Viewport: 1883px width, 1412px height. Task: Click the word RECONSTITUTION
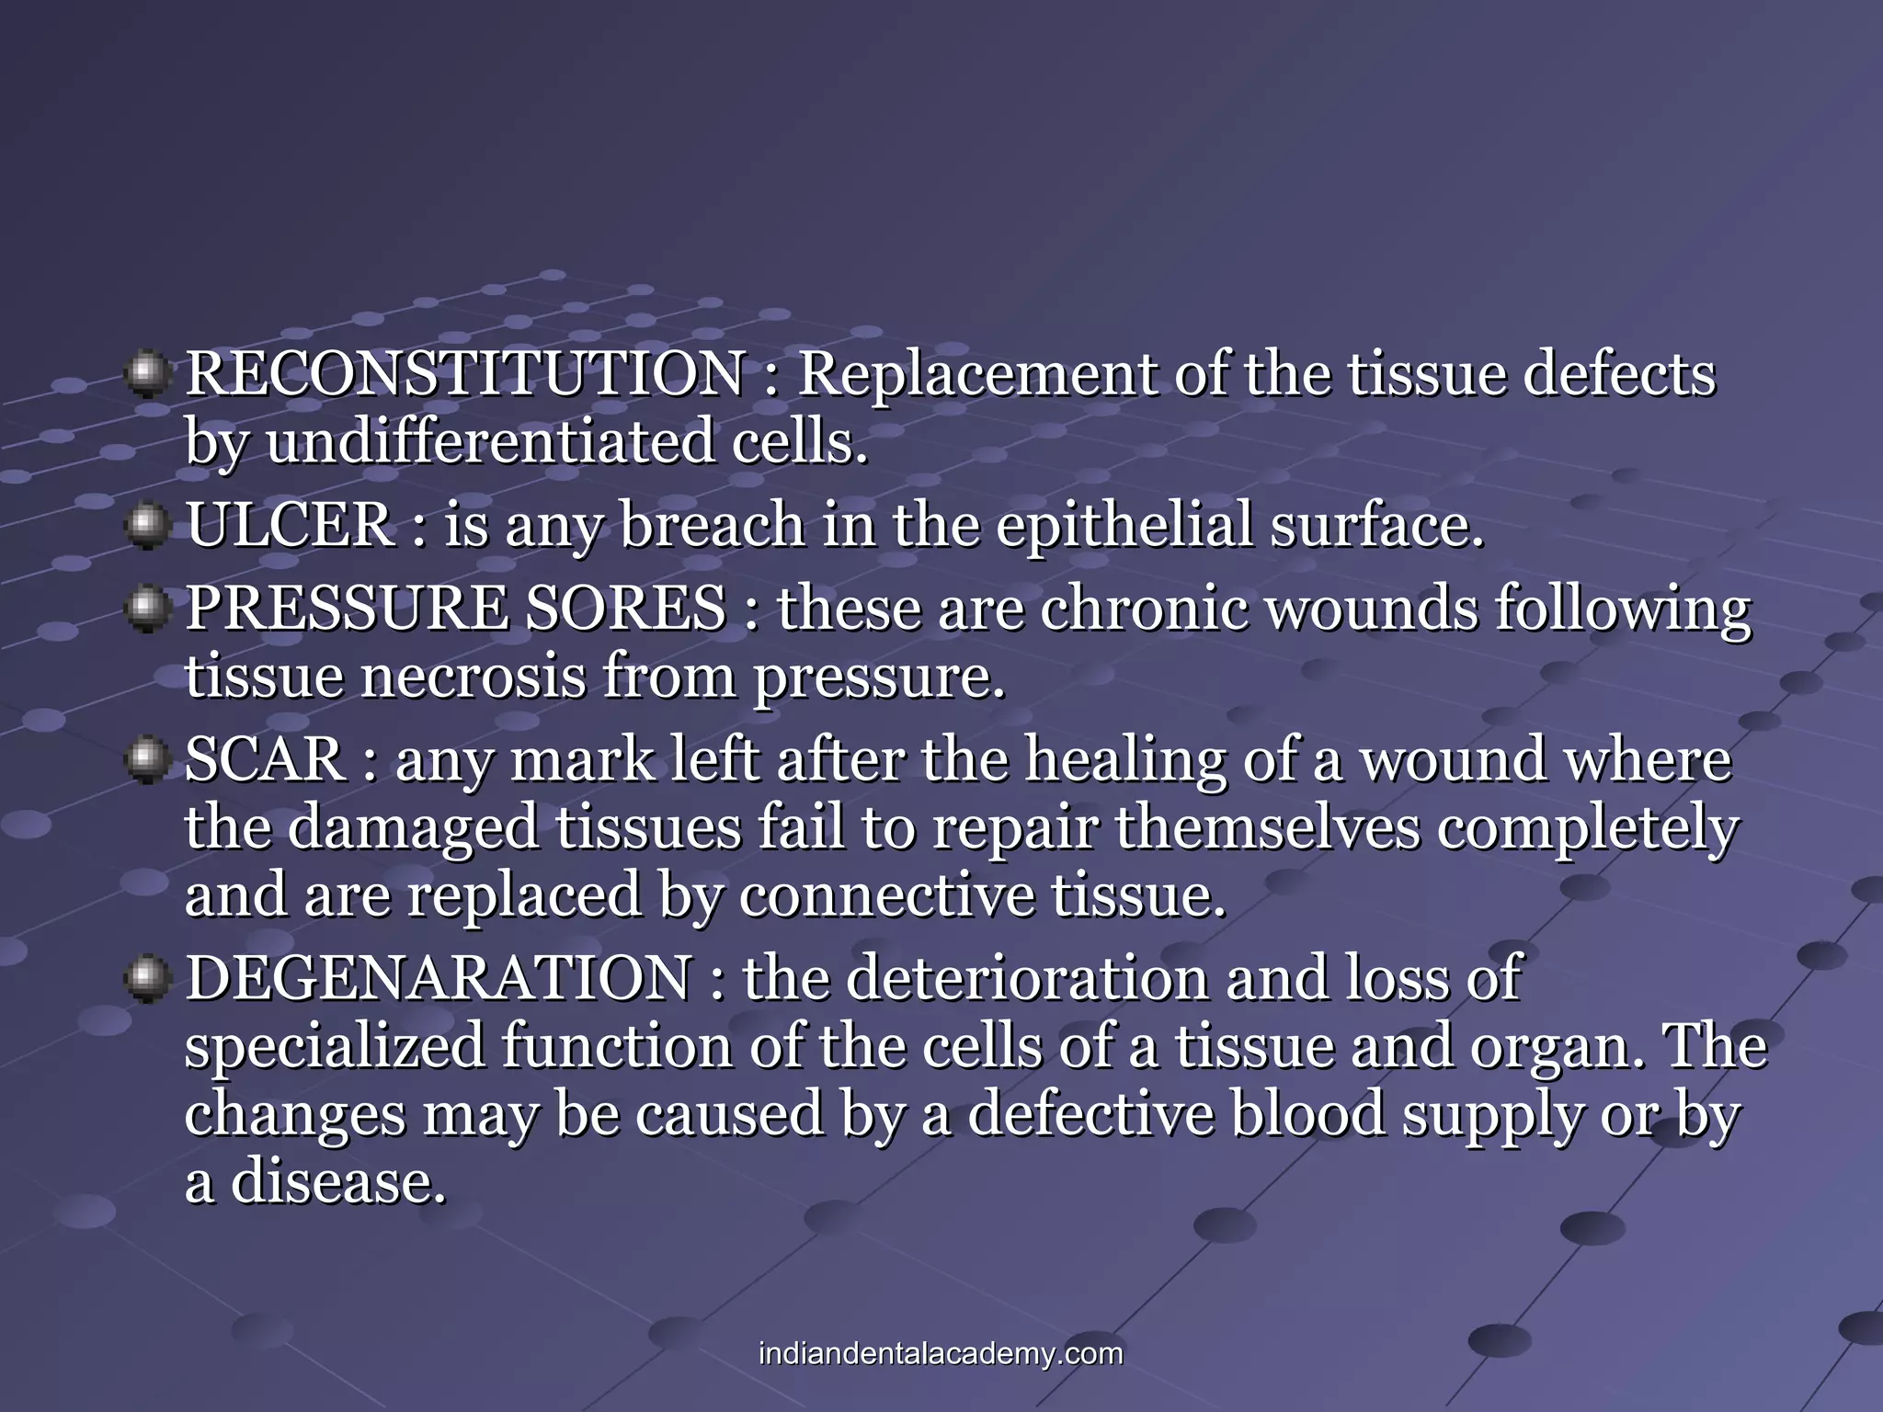464,375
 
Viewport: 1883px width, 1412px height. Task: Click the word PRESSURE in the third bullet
347,609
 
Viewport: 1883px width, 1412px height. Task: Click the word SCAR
265,760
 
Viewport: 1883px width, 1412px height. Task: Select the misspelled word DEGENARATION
439,978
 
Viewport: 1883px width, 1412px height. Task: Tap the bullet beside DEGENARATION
145,978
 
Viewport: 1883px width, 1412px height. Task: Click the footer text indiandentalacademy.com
941,1354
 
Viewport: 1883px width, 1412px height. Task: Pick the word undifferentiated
490,442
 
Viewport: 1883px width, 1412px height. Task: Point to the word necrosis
472,678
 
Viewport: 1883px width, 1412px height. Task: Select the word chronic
1144,609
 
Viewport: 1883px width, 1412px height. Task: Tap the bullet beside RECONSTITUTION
145,375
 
